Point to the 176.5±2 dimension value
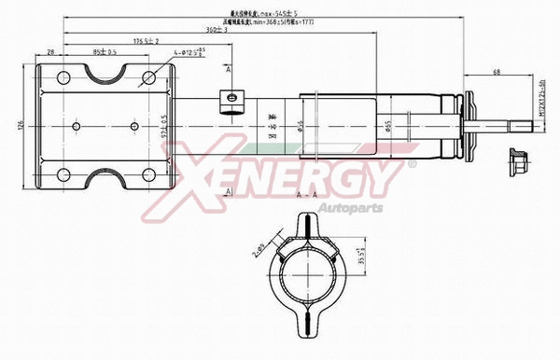point(147,41)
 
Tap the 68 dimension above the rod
point(497,73)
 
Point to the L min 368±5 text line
point(277,22)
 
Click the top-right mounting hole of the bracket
point(147,77)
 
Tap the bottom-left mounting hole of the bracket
point(63,174)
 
